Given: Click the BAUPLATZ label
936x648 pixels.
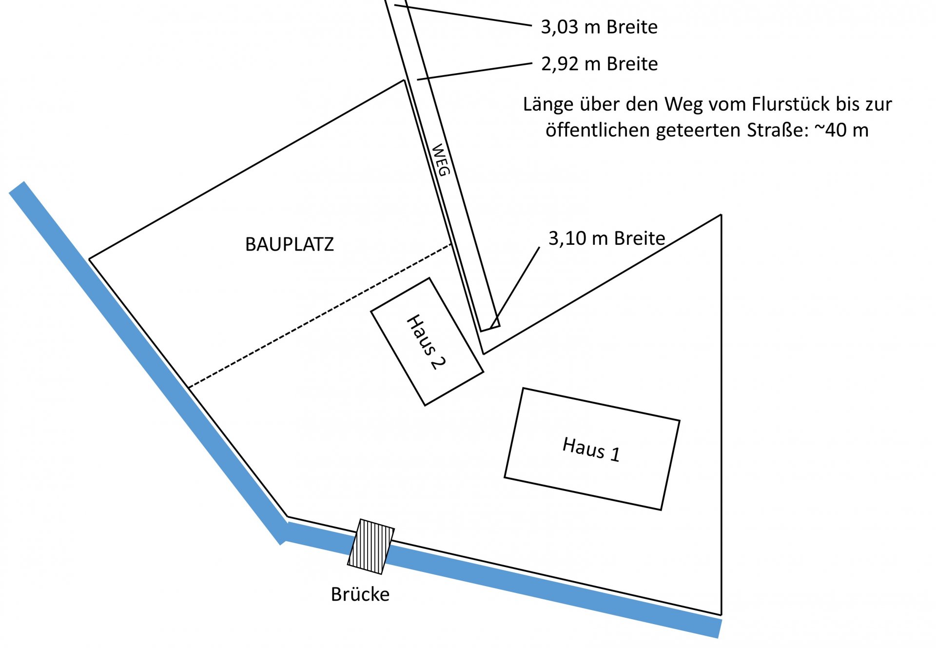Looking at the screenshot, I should pyautogui.click(x=289, y=244).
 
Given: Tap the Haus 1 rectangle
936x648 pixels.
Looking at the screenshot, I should pyautogui.click(x=592, y=449).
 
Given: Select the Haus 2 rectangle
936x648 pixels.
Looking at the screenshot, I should pyautogui.click(x=427, y=341).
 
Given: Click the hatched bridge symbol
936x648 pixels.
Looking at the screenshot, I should pyautogui.click(x=371, y=547).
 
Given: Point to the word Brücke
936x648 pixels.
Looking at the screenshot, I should pyautogui.click(x=360, y=594).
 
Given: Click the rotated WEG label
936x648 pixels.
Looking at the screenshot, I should pyautogui.click(x=441, y=160).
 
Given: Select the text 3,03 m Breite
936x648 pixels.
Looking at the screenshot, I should pyautogui.click(x=599, y=27).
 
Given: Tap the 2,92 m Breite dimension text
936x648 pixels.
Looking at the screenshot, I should pyautogui.click(x=599, y=64).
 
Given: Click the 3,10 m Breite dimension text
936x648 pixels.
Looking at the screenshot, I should pyautogui.click(x=606, y=238).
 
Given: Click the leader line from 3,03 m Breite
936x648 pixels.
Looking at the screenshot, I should pyautogui.click(x=463, y=15).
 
